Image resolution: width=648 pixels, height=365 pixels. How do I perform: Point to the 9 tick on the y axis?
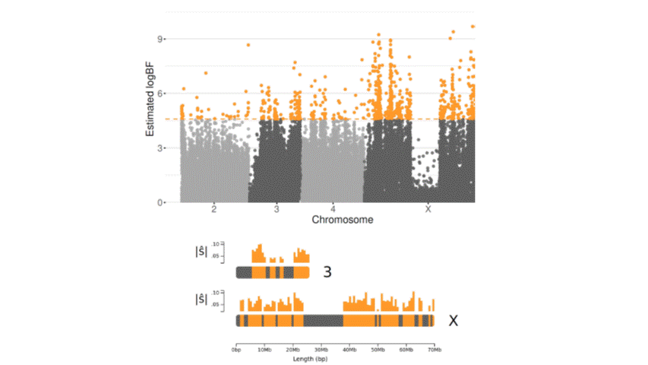point(162,39)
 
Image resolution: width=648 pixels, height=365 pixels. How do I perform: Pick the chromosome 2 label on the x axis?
point(214,209)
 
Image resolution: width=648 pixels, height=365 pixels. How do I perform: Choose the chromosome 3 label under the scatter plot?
point(277,209)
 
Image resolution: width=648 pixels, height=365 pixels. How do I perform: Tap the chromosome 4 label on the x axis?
point(333,209)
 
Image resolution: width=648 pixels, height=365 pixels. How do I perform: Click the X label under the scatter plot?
point(428,209)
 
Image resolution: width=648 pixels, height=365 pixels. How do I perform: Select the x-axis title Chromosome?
point(342,221)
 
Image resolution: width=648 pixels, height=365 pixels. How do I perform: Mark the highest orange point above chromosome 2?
point(248,45)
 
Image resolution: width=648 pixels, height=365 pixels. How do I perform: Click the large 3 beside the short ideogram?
point(327,271)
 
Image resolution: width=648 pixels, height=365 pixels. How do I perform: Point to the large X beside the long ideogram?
point(453,321)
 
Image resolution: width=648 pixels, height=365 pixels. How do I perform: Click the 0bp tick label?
point(236,349)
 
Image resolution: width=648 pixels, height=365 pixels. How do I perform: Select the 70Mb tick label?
point(434,349)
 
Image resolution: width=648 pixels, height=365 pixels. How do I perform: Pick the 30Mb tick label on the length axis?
point(321,349)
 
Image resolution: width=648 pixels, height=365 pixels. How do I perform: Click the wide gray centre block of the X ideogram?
point(324,321)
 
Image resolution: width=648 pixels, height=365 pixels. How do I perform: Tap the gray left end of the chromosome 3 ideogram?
point(243,271)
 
